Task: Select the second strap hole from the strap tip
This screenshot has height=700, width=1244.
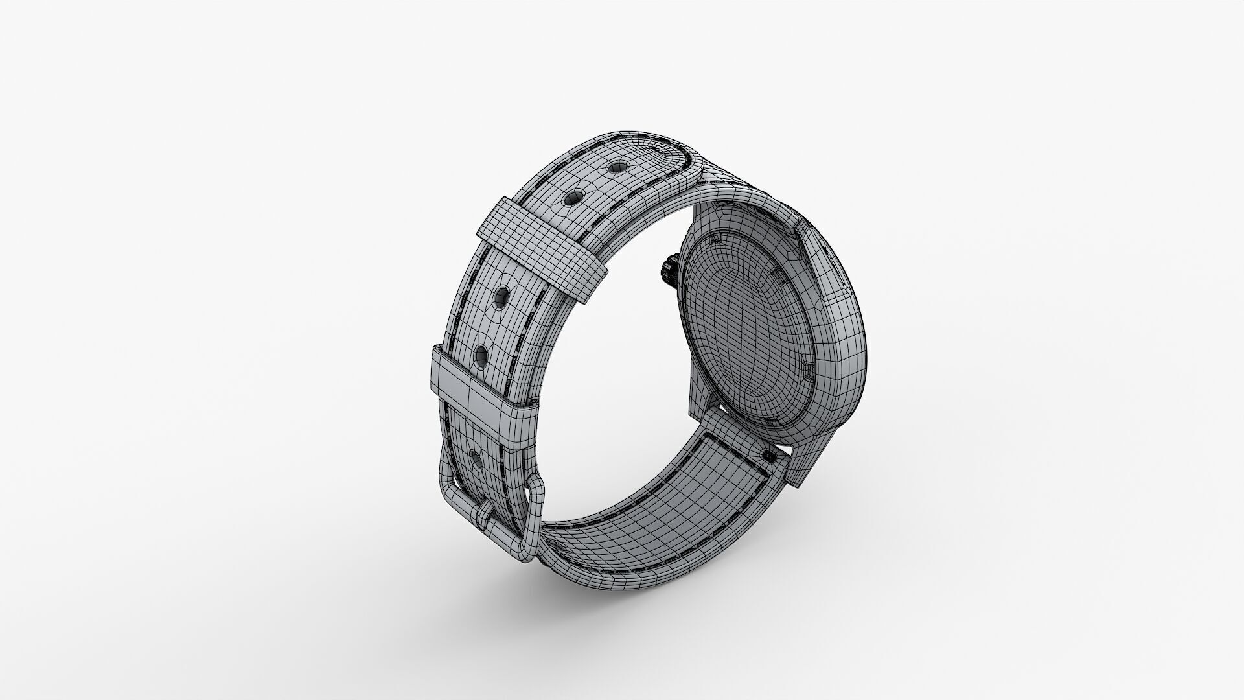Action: (x=573, y=196)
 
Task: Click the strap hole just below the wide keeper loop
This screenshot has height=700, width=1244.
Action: (x=501, y=297)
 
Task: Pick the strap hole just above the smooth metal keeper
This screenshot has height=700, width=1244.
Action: (x=481, y=355)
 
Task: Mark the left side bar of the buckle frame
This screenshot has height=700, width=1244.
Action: (x=446, y=480)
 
